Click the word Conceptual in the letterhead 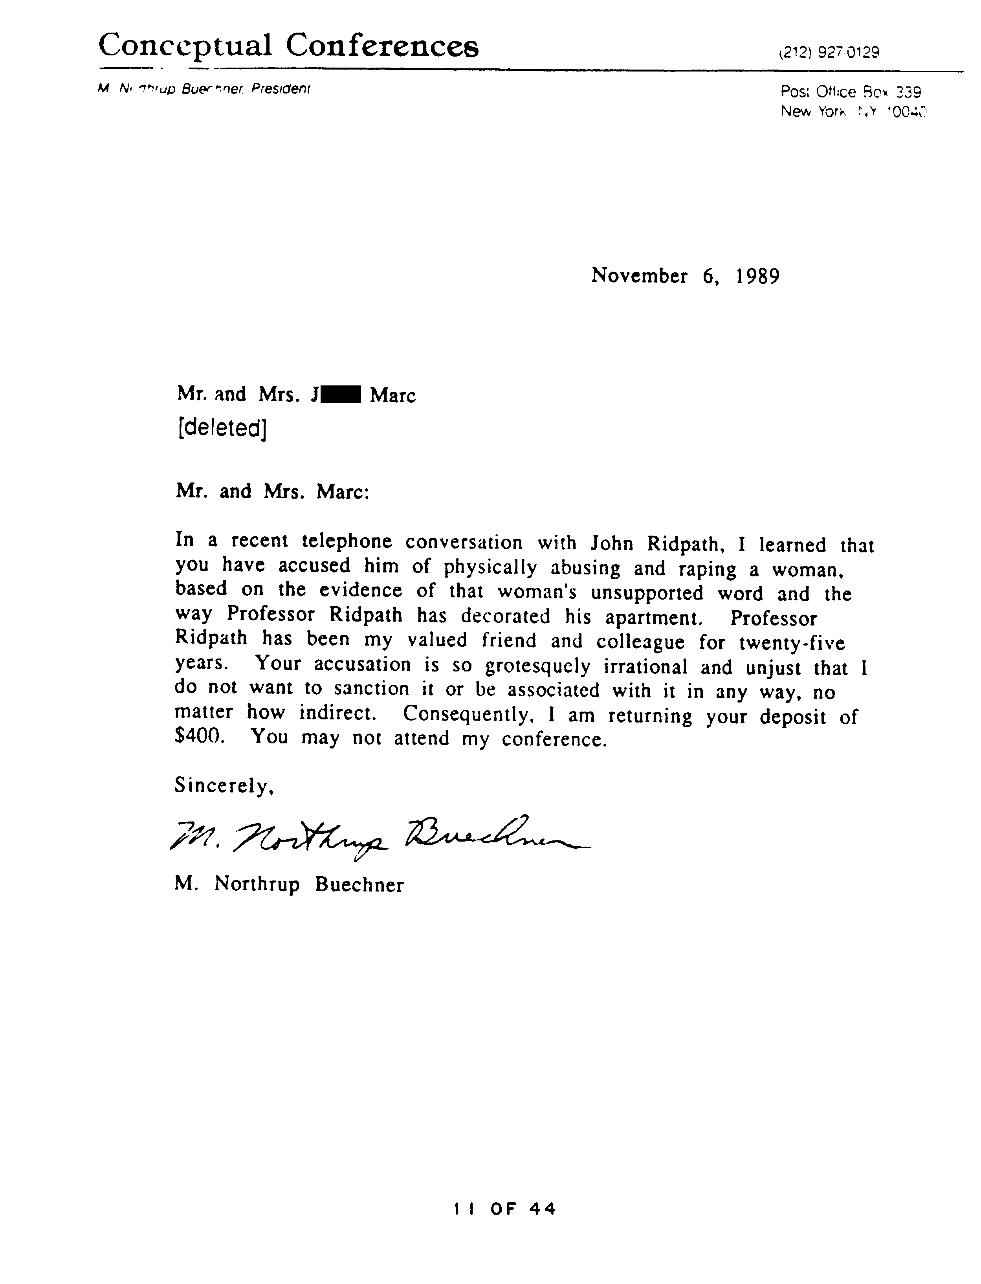click(185, 46)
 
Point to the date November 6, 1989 click(685, 275)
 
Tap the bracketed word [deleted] click(222, 429)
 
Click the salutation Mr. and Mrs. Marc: click(272, 492)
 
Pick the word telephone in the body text click(346, 541)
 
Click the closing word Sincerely click(224, 786)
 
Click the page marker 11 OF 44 click(504, 1209)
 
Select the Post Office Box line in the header click(850, 92)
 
